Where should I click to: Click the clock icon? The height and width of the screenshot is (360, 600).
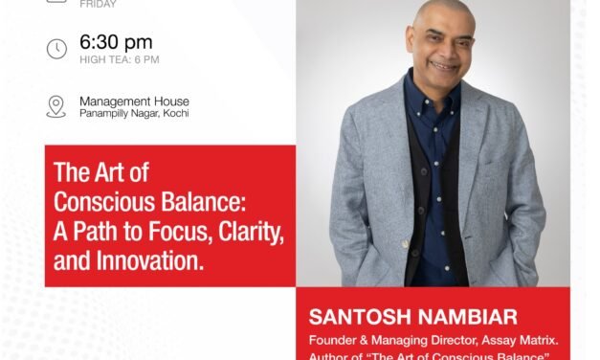point(56,49)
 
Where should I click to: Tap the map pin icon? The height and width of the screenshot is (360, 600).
point(56,106)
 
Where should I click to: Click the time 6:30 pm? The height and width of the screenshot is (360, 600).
point(116,42)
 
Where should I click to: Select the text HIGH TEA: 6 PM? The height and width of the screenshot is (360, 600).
point(120,60)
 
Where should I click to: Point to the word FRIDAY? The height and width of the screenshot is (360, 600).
point(98,4)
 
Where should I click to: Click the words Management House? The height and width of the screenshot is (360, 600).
point(134,101)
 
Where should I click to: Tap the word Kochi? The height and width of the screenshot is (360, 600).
point(173,115)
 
